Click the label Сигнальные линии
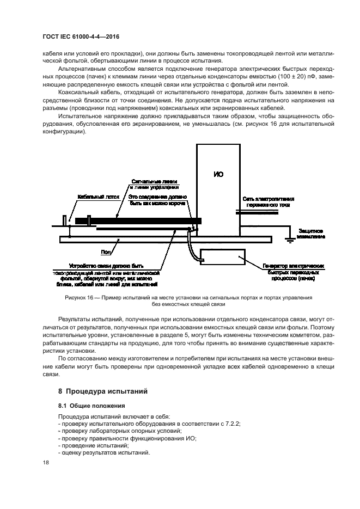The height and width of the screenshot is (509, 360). tap(154, 181)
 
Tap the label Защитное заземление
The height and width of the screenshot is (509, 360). tap(311, 233)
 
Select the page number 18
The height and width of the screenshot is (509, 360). tap(46, 462)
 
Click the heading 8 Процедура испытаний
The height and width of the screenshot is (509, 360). tap(102, 391)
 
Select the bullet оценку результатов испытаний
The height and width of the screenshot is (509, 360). tap(105, 453)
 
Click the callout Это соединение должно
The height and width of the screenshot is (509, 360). tap(158, 195)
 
